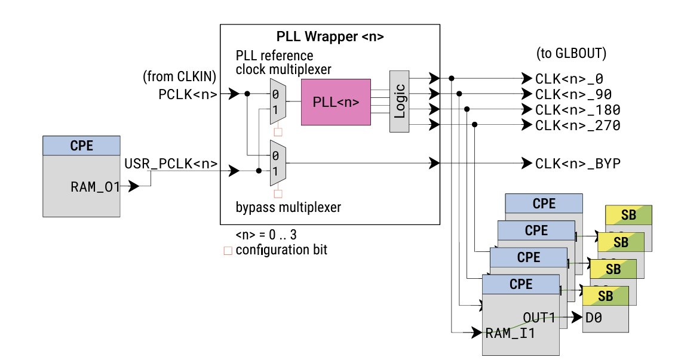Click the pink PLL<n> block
[x=336, y=102]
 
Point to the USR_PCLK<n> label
[x=170, y=163]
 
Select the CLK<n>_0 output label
[x=570, y=79]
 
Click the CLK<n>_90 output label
[x=573, y=94]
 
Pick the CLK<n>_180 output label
[x=578, y=110]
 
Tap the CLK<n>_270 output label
[x=578, y=125]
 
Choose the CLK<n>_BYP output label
[x=578, y=163]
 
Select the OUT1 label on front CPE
[x=540, y=317]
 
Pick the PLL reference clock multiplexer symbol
[x=278, y=101]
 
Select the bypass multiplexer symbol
[x=278, y=163]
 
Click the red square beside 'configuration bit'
[x=227, y=251]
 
